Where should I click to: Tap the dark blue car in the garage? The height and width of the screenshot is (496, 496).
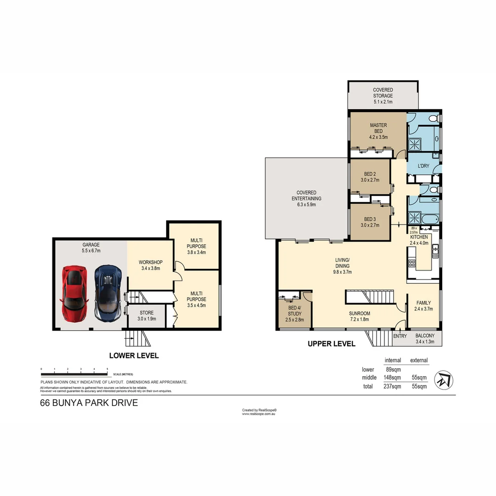(108, 293)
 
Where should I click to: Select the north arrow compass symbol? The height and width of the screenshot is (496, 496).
(444, 379)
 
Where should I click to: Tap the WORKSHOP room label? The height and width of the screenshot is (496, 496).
(149, 265)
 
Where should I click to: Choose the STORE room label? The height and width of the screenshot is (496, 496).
(147, 316)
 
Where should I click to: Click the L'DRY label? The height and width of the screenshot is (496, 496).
(423, 166)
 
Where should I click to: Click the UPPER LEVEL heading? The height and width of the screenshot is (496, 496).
(331, 344)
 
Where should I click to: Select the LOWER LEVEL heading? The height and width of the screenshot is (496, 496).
(134, 355)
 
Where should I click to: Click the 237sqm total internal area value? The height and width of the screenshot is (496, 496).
(392, 387)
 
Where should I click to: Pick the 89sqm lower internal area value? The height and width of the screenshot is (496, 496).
(393, 369)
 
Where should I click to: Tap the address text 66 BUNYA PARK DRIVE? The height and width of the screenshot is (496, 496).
(89, 403)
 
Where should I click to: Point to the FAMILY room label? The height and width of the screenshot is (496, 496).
(423, 306)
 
